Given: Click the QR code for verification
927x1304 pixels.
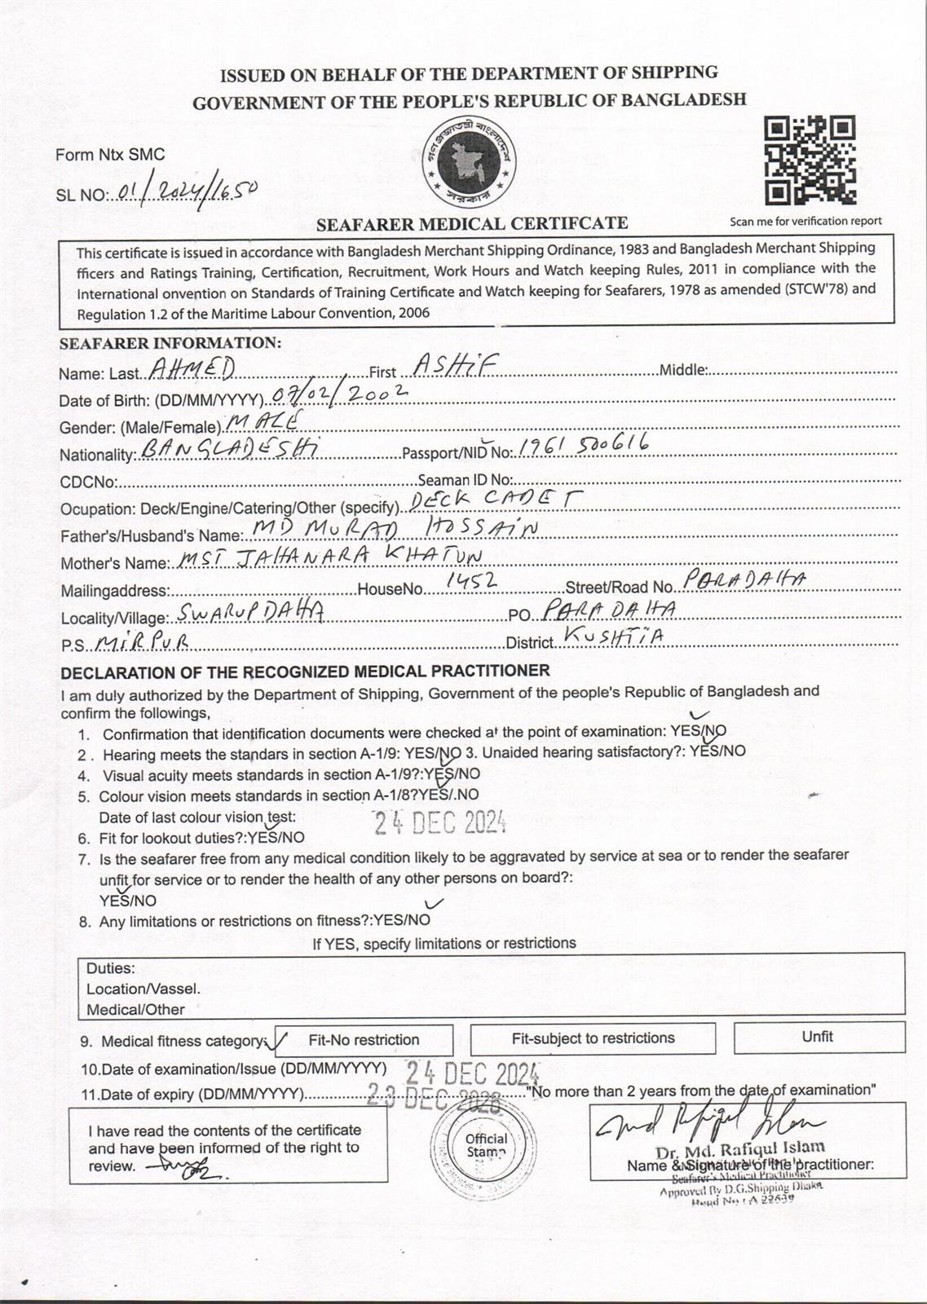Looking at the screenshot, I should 810,160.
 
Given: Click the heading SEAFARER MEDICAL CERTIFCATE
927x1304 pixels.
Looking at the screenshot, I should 472,223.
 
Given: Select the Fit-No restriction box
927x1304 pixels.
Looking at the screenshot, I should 364,1040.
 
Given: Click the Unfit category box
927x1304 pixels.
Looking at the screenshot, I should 819,1037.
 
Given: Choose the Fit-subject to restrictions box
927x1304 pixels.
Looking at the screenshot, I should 593,1038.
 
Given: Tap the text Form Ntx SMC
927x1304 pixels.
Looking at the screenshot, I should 110,154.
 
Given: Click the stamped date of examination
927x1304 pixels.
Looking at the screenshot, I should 473,1072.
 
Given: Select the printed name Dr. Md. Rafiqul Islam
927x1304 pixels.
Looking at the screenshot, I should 739,1151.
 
